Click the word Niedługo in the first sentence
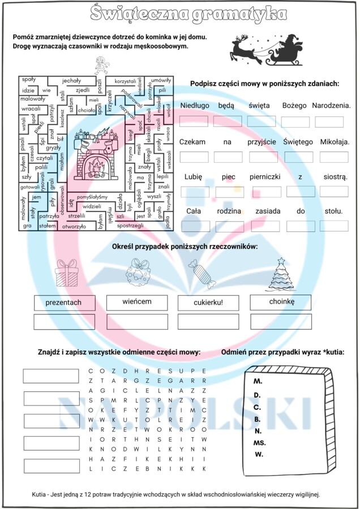click(x=195, y=105)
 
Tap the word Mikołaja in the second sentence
click(x=335, y=141)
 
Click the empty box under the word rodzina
click(x=229, y=227)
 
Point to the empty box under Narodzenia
click(x=329, y=122)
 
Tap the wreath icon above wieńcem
click(x=138, y=270)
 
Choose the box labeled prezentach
click(x=63, y=303)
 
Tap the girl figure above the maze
click(x=102, y=66)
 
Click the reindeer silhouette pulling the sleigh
click(x=244, y=50)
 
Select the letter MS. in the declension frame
click(x=260, y=443)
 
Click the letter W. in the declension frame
click(x=259, y=455)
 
